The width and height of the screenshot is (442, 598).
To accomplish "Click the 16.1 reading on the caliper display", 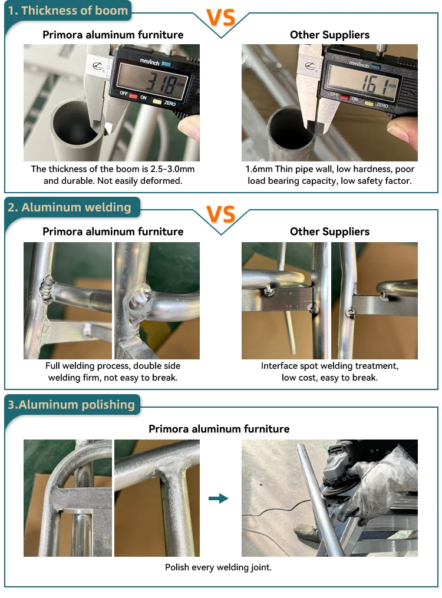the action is [374, 84].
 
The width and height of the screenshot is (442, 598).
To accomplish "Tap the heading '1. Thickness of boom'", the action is [68, 11].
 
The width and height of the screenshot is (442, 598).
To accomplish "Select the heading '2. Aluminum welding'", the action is [70, 207].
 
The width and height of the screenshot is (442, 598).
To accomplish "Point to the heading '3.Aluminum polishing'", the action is [71, 405].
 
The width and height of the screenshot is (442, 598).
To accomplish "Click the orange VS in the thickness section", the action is [221, 17].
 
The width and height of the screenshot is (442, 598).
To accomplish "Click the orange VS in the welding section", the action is [221, 214].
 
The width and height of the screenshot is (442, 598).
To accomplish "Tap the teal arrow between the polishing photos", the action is [219, 498].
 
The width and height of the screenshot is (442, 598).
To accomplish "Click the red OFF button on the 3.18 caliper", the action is [133, 96].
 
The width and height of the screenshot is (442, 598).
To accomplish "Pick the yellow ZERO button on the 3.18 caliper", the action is [157, 101].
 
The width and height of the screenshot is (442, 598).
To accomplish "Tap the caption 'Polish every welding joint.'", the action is [218, 567].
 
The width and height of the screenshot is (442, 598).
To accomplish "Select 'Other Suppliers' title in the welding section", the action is [330, 232].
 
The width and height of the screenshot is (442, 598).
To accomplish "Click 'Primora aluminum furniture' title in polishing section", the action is [219, 429].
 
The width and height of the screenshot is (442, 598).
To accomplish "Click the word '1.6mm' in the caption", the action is [259, 169].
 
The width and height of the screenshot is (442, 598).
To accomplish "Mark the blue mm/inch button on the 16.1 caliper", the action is [375, 67].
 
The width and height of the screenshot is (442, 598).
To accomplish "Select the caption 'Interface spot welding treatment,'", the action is [330, 366].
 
